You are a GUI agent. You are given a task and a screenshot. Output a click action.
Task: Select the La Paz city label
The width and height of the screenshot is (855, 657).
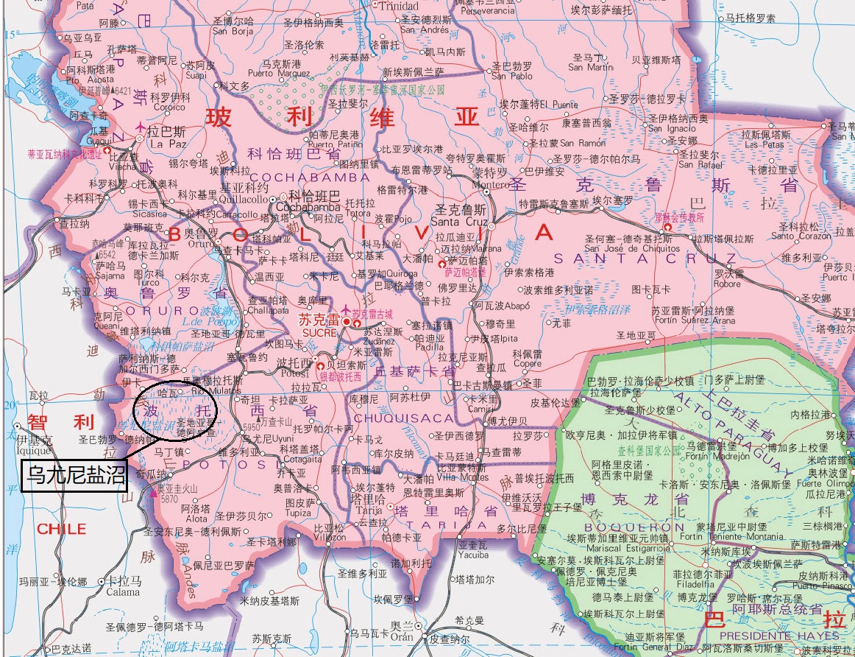(166, 144)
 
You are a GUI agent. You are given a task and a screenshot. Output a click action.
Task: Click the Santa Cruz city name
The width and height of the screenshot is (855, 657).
(459, 221)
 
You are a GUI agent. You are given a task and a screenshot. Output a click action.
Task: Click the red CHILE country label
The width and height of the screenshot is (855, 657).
(62, 529)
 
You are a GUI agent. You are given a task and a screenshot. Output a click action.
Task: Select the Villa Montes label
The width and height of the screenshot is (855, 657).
(462, 477)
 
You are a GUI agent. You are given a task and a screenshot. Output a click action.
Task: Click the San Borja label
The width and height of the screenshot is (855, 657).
(233, 32)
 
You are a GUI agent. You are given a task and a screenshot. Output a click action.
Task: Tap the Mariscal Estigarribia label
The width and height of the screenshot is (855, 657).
(620, 547)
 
